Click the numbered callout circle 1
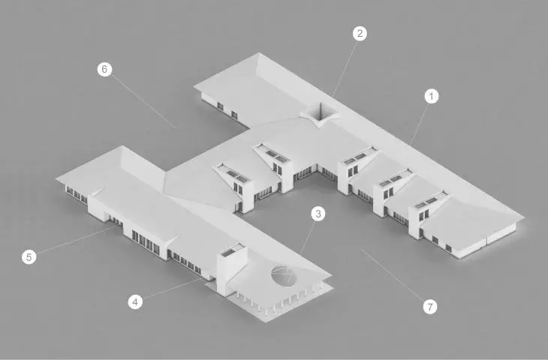(x=432, y=96)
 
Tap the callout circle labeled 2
(x=360, y=34)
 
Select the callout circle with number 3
(x=318, y=213)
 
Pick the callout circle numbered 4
(x=135, y=301)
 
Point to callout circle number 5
(x=29, y=257)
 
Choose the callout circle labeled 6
(x=104, y=69)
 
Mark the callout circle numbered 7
(x=430, y=307)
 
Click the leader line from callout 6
(x=143, y=101)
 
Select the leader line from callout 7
(x=393, y=275)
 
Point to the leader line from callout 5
(x=76, y=240)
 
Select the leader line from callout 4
(x=173, y=289)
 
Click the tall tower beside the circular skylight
(x=231, y=269)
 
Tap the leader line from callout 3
(x=303, y=250)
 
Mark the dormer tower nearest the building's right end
(x=428, y=214)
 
